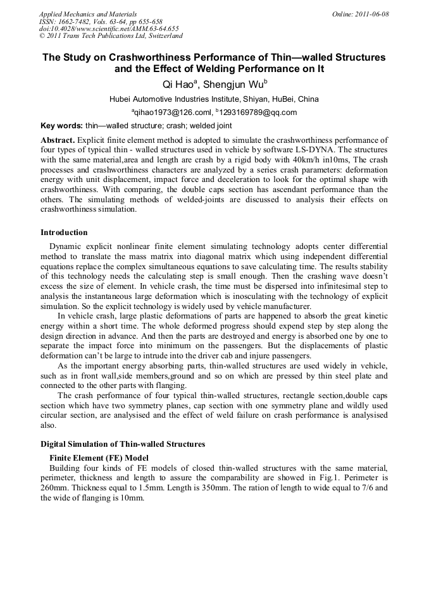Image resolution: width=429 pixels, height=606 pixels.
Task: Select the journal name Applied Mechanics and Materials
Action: point(87,14)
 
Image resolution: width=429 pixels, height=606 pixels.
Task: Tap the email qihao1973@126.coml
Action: point(168,112)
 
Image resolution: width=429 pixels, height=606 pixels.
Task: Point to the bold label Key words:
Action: point(61,126)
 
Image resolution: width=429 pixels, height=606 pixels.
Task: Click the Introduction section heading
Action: point(64,233)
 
